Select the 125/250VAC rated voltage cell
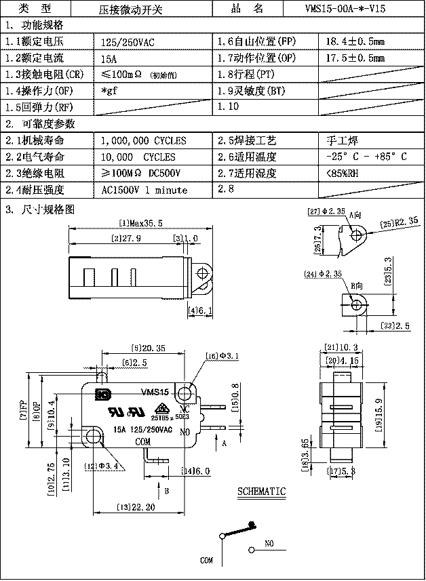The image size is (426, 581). (127, 42)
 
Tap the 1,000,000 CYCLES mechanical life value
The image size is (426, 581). (143, 141)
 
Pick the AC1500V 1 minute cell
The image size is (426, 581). (144, 191)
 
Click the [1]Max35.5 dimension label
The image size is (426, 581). (142, 223)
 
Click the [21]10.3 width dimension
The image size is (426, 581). (341, 348)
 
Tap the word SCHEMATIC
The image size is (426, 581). (261, 492)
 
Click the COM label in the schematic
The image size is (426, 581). (206, 561)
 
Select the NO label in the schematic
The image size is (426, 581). (269, 544)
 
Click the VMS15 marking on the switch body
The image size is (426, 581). (155, 391)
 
